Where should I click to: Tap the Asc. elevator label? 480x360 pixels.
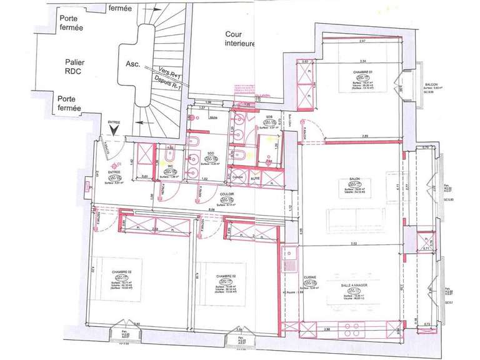coord(132,64)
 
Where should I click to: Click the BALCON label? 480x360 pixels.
coord(431,84)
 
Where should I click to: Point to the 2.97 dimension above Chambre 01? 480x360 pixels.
coord(362,41)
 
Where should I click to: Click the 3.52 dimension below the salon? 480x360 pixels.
coord(354,243)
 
